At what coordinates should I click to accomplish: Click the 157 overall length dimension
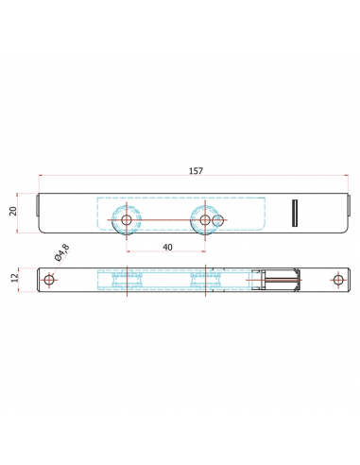tap(196, 171)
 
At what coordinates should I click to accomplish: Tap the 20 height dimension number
tap(13, 211)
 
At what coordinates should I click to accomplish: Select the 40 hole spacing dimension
tap(167, 248)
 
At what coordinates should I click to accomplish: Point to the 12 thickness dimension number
tap(14, 278)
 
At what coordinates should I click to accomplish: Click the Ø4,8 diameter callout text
tap(62, 252)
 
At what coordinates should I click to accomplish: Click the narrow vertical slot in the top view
tap(295, 213)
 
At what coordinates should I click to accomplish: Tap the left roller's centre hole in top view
tap(127, 220)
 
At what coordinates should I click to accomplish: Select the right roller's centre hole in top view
tap(205, 220)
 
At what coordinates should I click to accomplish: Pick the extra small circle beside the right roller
tap(218, 220)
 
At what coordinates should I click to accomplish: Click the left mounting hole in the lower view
tap(49, 280)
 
